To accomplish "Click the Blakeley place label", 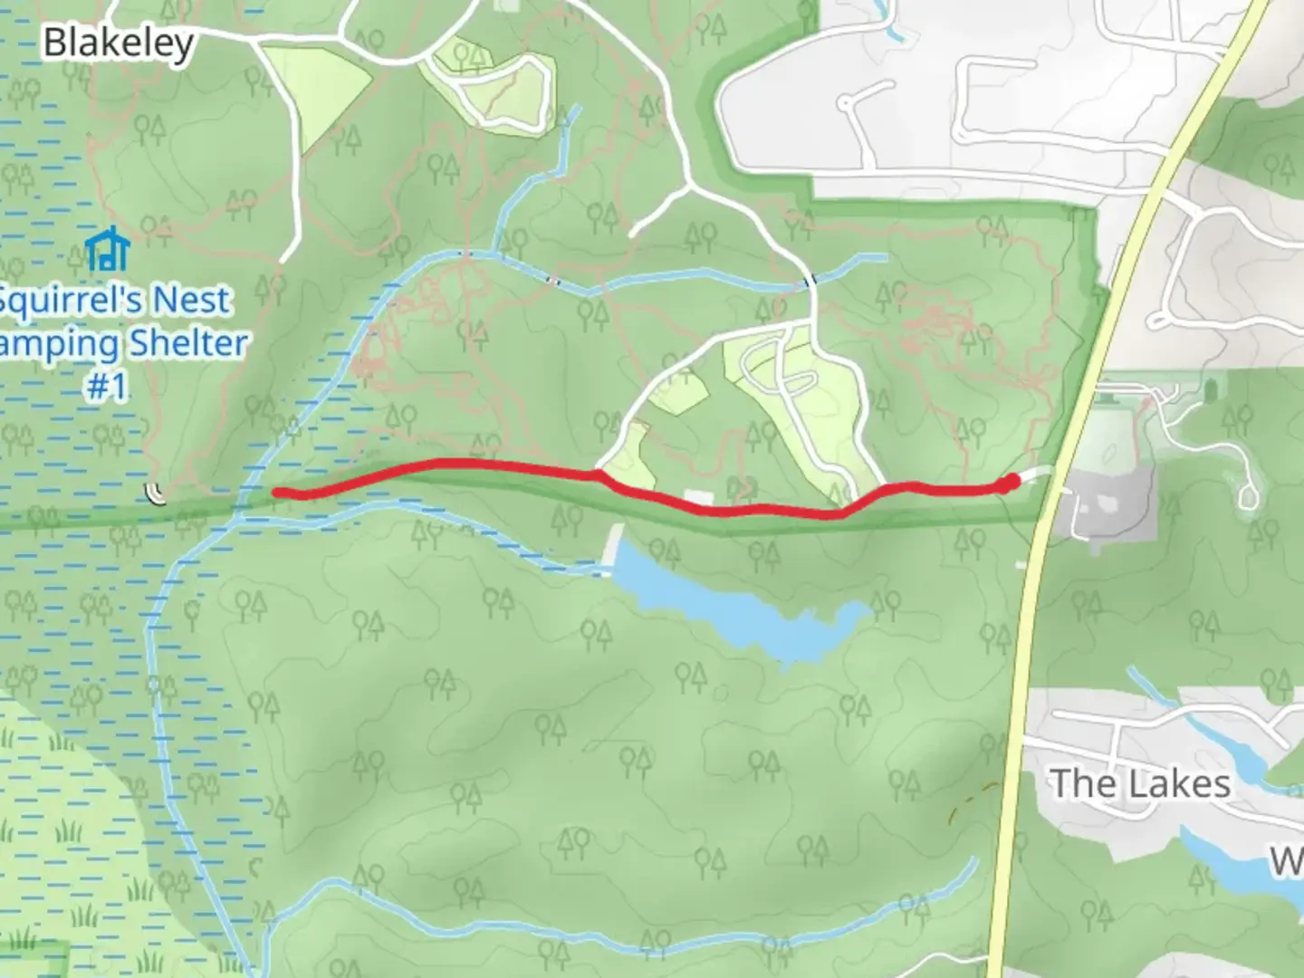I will [119, 43].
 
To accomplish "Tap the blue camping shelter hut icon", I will [108, 250].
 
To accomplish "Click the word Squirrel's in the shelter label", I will [63, 300].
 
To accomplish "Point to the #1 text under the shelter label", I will [108, 387].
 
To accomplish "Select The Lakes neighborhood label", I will [1140, 783].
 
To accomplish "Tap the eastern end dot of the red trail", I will [1010, 483].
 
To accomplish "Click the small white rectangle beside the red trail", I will [698, 497].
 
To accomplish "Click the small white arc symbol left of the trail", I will [157, 494].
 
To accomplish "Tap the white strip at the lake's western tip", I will [615, 548].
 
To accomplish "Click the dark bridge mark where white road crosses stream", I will [810, 281].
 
